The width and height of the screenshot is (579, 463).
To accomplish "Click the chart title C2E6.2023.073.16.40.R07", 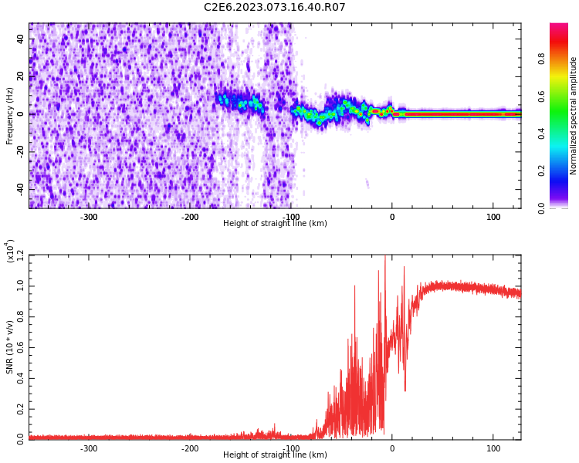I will pos(274,7).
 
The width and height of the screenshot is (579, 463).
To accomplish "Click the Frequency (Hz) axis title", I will pos(10,116).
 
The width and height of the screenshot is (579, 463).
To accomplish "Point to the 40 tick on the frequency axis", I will pos(20,39).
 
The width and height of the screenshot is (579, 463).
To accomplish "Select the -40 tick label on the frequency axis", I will pos(19,188).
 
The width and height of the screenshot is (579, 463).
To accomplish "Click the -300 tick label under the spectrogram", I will pos(89,216).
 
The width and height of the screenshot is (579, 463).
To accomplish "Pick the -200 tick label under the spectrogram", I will pos(190,216).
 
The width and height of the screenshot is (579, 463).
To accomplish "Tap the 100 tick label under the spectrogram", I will pos(493,216).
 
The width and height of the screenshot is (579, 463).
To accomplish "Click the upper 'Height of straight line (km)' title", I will pos(275,224).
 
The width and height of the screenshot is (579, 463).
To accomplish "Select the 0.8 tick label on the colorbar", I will pos(564,57).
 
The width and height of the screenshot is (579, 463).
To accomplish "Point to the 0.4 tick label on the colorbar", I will pos(564,133).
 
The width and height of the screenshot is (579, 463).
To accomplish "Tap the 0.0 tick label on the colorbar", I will pos(564,208).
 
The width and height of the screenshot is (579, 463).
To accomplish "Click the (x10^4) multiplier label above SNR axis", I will pos(10,251).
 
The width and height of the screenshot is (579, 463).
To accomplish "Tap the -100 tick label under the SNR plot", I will pos(291,448).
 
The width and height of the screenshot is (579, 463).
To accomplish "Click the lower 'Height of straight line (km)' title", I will pos(275,455).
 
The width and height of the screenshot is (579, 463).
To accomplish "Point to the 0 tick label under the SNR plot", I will pos(391,448).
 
